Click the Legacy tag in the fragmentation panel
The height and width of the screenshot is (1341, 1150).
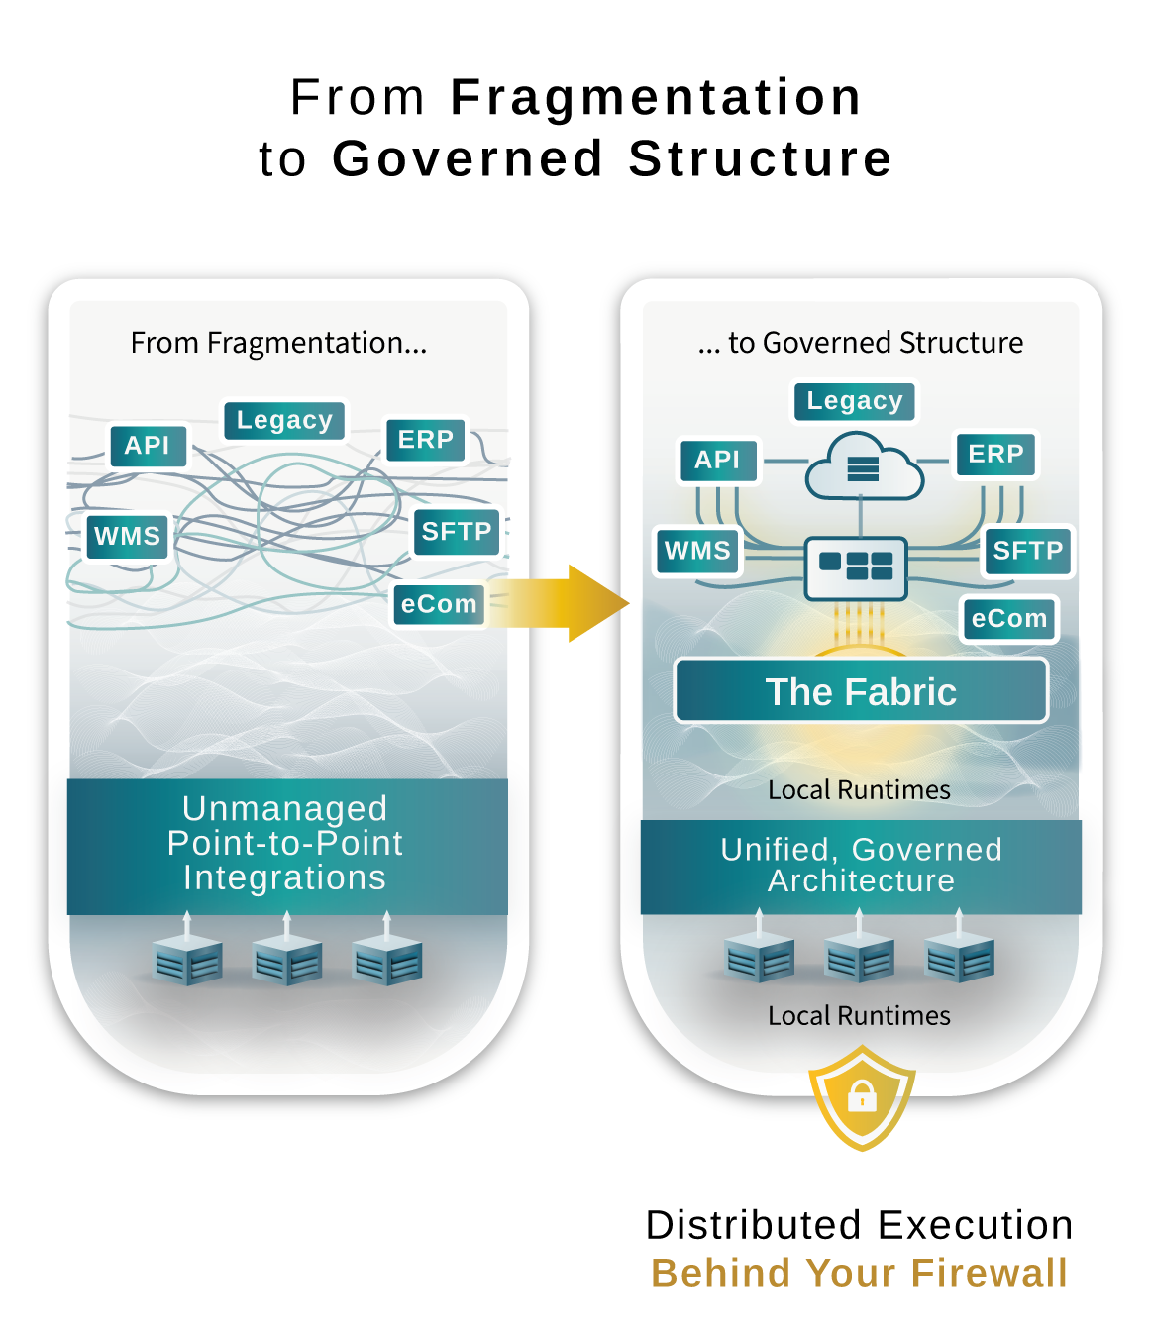(284, 420)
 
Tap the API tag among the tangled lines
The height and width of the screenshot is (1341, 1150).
(148, 445)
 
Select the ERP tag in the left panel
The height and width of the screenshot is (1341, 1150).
(425, 439)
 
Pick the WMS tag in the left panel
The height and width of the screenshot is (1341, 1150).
(127, 536)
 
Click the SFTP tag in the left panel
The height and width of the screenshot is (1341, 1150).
(457, 532)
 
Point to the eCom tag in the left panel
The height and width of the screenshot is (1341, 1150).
(439, 604)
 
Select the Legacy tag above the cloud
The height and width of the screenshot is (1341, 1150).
(855, 401)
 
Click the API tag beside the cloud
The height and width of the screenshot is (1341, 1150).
(717, 460)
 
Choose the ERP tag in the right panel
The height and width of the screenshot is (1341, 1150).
(995, 454)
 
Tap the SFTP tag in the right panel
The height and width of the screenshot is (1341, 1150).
(1027, 551)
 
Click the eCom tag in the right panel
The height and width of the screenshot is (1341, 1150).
(1008, 619)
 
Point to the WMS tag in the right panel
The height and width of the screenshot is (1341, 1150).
(697, 551)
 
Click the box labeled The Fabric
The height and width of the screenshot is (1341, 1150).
(861, 691)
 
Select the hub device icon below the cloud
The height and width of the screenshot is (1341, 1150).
(857, 567)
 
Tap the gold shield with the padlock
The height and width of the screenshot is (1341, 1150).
(862, 1096)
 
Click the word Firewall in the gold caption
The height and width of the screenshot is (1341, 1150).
(989, 1273)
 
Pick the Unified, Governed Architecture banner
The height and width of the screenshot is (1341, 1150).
(861, 866)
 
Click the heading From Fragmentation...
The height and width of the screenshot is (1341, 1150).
(278, 343)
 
